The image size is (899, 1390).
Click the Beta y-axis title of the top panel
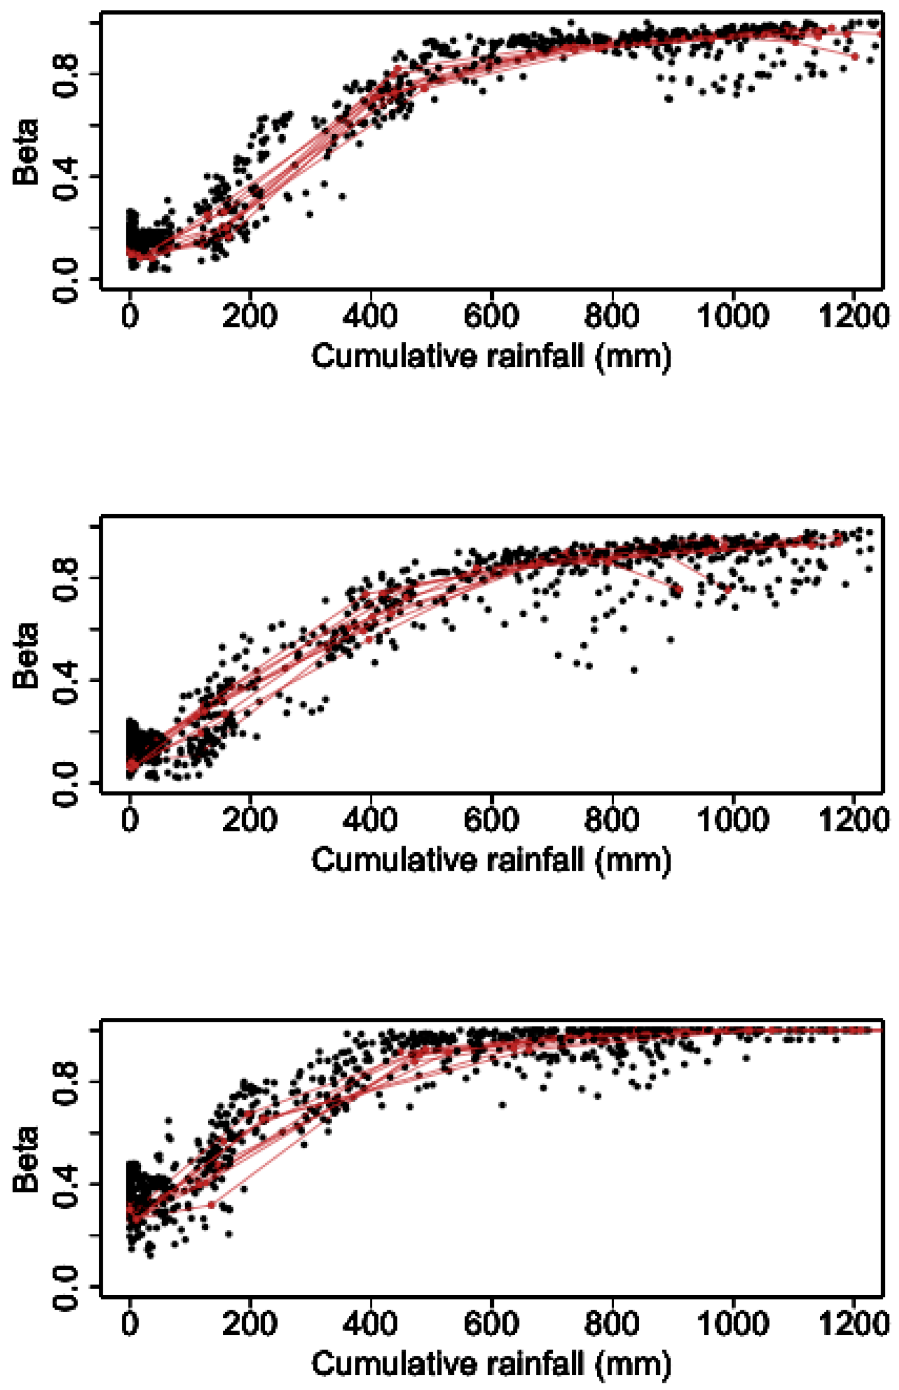point(26,152)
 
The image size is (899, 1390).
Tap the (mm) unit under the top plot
point(634,357)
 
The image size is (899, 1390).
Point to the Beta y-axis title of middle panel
point(26,655)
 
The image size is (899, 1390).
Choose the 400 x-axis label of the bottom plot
point(370,1323)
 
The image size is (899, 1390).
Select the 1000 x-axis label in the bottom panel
point(733,1323)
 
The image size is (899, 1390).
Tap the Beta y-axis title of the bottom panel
point(26,1159)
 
